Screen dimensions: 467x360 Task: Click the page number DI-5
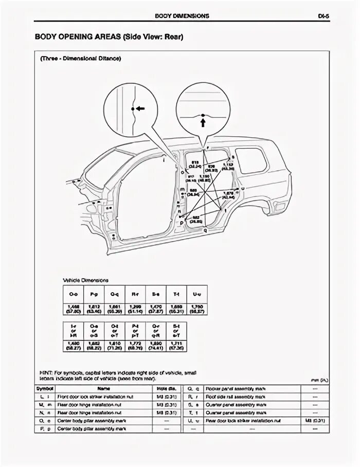(323, 16)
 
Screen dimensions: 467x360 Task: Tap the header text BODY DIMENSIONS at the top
(182, 16)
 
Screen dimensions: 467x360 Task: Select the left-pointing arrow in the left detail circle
(140, 109)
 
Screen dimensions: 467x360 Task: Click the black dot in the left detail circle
(133, 109)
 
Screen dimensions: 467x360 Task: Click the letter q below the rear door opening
(205, 231)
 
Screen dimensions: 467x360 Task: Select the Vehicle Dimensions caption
(85, 280)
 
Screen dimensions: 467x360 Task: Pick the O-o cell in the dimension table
(73, 294)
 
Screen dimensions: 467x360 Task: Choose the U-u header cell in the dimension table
(196, 294)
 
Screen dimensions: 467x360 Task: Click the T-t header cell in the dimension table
(176, 294)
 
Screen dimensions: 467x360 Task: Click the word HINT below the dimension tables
(45, 372)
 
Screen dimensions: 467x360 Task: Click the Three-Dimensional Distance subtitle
(81, 59)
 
